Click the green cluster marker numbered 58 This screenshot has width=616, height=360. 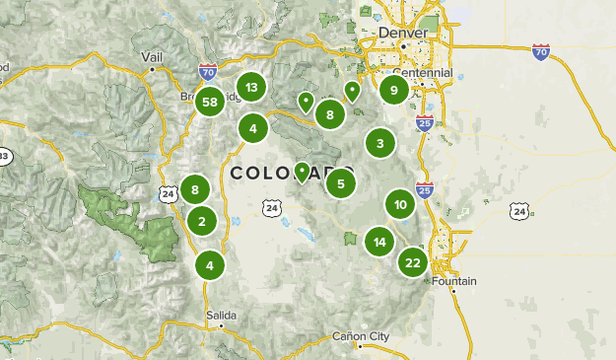coord(209,102)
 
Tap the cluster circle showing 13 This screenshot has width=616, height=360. coord(252,88)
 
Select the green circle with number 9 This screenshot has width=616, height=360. coord(394,91)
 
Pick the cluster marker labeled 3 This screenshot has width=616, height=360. coord(380,143)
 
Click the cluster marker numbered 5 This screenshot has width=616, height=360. coord(340,182)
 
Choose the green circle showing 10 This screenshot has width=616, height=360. coord(400,205)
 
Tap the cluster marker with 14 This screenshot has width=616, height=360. coord(379,242)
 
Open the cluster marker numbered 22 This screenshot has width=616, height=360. coord(413,262)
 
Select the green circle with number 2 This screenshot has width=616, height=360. coord(202,221)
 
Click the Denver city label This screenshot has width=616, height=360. coord(404,34)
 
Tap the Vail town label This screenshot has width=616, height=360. coord(152,57)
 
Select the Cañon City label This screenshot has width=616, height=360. coord(362,335)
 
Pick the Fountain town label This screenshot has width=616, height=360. coord(454,281)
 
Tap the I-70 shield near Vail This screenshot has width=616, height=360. coord(206,72)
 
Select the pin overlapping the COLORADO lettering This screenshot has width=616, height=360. coord(302,174)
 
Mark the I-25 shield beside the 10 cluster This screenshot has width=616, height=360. coord(425,190)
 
